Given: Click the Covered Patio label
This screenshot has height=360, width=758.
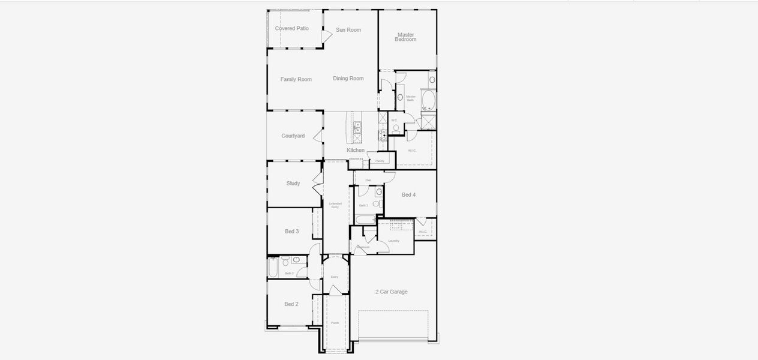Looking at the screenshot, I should point(292,28).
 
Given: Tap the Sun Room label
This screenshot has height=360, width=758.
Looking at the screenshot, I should point(348,29).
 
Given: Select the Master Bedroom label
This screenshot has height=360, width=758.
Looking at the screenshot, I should point(406,37).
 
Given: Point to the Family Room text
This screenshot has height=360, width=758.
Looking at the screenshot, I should point(296,79).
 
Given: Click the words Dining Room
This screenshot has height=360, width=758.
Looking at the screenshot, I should point(348,79).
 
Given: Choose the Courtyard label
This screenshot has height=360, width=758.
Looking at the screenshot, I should point(293,136).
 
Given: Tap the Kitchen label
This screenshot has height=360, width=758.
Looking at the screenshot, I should point(356,150).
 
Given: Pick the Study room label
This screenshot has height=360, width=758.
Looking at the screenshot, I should point(293,184).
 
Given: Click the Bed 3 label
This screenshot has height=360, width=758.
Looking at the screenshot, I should point(292,232).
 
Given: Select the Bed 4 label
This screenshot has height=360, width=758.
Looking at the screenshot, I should point(408,195).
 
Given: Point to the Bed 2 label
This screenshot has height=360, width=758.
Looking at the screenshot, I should point(291,304).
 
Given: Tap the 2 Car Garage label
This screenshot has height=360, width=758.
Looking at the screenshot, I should point(392,292).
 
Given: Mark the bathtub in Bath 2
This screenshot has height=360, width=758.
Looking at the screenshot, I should point(273,268).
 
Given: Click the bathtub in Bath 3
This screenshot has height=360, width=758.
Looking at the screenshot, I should point(364,220).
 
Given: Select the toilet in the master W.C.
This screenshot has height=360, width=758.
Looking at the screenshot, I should point(396,128).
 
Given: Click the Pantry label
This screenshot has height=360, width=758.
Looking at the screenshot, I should point(380,161).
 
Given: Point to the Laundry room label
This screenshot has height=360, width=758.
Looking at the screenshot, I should point(394,241).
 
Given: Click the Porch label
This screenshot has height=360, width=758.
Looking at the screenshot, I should point(335,323).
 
